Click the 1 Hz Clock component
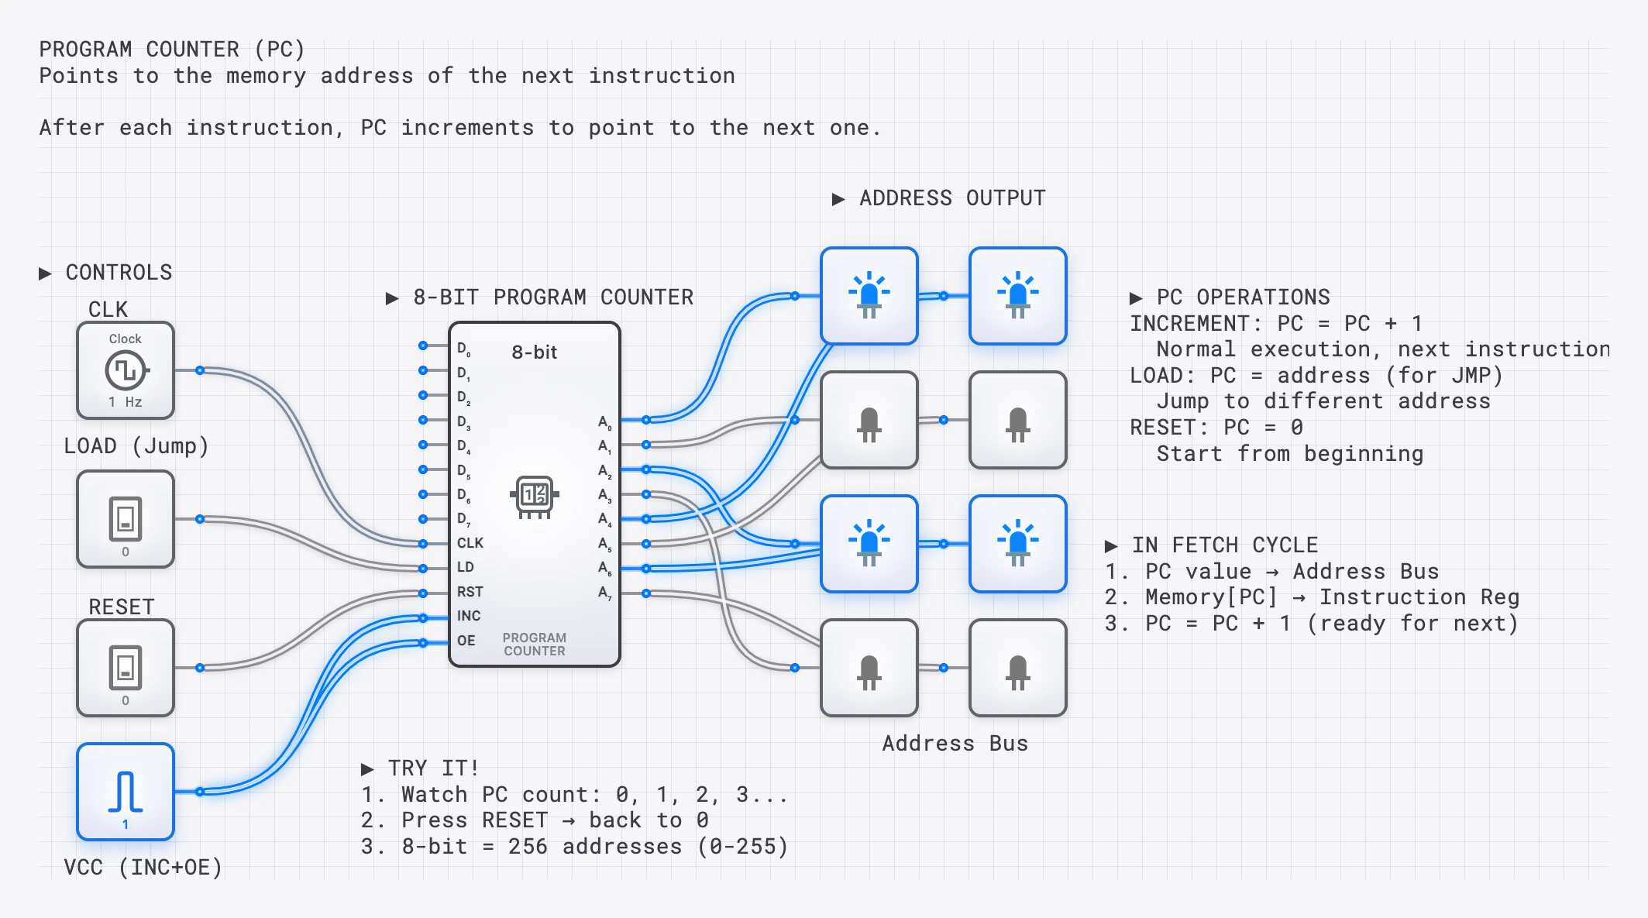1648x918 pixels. pyautogui.click(x=126, y=370)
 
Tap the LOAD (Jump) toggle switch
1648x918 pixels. pyautogui.click(x=126, y=519)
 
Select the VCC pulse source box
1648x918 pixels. pyautogui.click(x=126, y=792)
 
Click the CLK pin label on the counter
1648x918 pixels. pyautogui.click(x=470, y=543)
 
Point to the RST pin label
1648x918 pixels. pyautogui.click(x=470, y=592)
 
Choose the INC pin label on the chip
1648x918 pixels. pyautogui.click(x=469, y=616)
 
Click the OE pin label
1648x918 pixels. pyautogui.click(x=466, y=641)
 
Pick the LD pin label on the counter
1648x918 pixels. pyautogui.click(x=465, y=567)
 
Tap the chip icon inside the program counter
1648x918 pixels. pyautogui.click(x=535, y=496)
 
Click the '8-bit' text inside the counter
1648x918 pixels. pyautogui.click(x=534, y=352)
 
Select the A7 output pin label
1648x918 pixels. pyautogui.click(x=604, y=593)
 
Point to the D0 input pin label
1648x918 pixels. pyautogui.click(x=463, y=349)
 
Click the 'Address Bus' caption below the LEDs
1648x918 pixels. pyautogui.click(x=955, y=744)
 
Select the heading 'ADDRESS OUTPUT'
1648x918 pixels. pyautogui.click(x=952, y=198)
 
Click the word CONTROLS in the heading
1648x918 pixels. pyautogui.click(x=119, y=273)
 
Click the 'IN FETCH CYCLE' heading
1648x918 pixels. pyautogui.click(x=1224, y=545)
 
